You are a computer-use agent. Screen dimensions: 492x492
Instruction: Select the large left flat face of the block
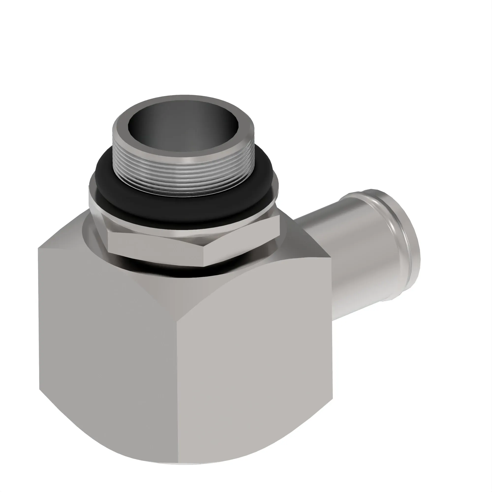tap(107, 356)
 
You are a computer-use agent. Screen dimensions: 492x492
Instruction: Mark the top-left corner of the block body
tap(39, 248)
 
